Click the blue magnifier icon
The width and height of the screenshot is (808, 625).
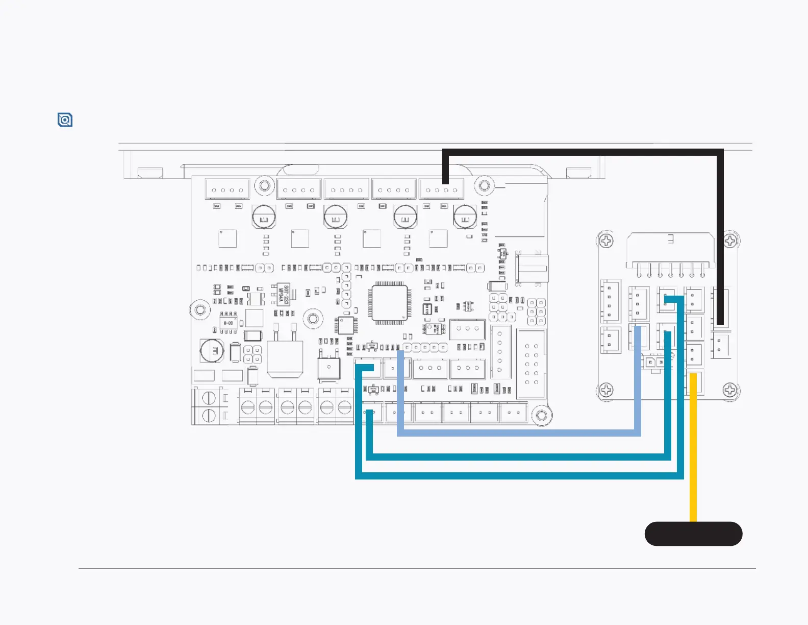65,120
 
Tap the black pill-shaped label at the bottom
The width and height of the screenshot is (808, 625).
693,534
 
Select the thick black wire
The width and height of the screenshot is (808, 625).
582,152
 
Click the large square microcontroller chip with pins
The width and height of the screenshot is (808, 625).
390,303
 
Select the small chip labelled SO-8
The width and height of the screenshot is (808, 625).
228,323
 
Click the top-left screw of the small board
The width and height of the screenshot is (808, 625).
606,241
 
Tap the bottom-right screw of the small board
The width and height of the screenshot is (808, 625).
730,390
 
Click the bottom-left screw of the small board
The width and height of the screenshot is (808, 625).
606,390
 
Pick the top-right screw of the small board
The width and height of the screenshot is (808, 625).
730,241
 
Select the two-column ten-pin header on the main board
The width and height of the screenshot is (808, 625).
532,364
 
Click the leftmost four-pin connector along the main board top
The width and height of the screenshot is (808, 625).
227,189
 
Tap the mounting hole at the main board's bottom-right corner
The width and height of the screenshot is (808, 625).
542,416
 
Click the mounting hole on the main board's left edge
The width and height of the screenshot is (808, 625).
200,310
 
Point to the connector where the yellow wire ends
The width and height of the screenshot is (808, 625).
694,383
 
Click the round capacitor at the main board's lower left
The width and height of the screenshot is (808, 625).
212,351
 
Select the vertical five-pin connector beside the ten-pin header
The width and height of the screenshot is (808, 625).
500,352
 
